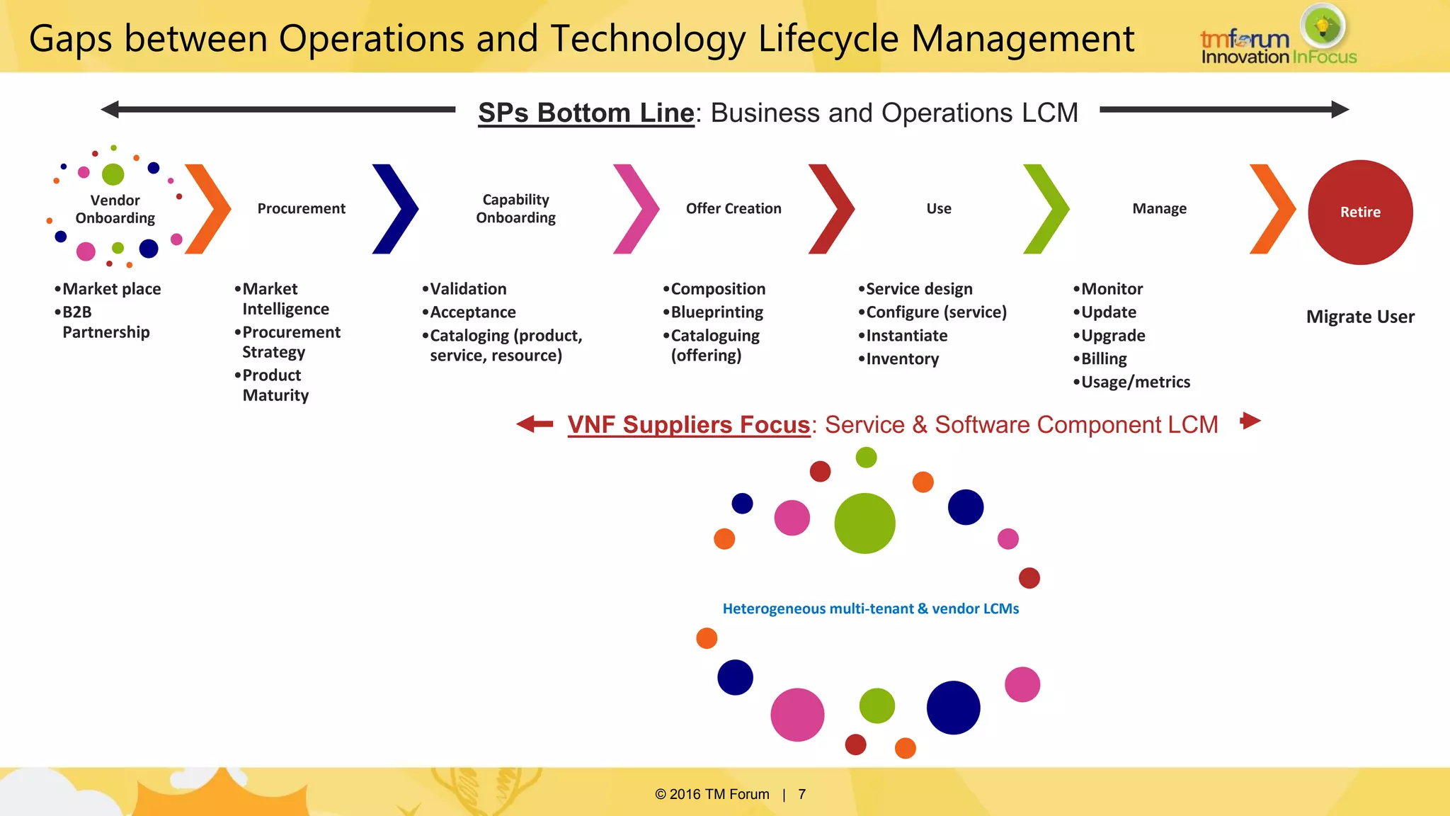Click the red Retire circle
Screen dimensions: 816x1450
tap(1360, 212)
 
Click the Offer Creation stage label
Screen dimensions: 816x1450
tap(733, 208)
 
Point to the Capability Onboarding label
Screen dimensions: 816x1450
tap(515, 208)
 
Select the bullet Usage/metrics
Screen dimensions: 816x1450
tap(1135, 382)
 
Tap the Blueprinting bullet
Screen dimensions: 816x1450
tap(717, 312)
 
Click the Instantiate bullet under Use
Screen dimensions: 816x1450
tap(906, 336)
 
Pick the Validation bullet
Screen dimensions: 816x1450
tap(468, 289)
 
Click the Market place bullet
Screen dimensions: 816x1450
tap(111, 289)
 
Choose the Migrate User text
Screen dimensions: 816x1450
tap(1360, 317)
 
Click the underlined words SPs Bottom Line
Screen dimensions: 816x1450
tap(586, 113)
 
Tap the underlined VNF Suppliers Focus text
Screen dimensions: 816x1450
tap(688, 424)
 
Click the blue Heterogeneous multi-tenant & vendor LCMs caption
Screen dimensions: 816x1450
tap(870, 608)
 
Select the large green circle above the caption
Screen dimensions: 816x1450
tap(864, 523)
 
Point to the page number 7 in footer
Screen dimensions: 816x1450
tap(801, 794)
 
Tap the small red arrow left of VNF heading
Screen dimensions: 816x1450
tap(533, 424)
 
